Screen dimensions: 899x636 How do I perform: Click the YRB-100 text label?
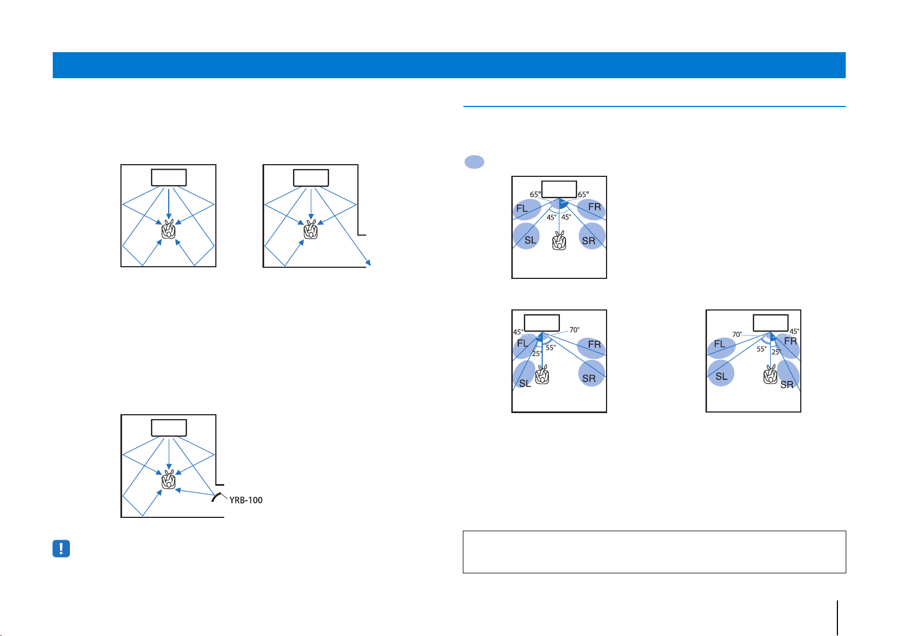point(246,500)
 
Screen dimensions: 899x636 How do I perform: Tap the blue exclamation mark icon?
point(61,548)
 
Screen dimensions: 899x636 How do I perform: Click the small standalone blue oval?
point(474,161)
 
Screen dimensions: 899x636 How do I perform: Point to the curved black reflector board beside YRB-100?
point(216,497)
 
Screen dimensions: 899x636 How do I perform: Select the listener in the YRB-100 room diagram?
point(169,479)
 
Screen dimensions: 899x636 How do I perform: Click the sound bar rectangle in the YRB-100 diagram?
point(169,428)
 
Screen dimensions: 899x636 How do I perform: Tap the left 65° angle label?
point(535,195)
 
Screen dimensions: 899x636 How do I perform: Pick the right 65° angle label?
point(583,195)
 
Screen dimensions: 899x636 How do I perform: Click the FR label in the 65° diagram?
point(594,207)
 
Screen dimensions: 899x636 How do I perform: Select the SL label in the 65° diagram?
point(530,240)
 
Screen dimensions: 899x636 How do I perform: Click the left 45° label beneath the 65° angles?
point(552,217)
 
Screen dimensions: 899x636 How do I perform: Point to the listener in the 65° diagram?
point(559,241)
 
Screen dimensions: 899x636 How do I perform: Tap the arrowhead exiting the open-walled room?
point(368,263)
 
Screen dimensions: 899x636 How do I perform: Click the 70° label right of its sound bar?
point(574,329)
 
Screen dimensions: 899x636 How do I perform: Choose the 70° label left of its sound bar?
point(737,334)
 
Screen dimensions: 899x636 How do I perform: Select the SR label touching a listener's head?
point(787,385)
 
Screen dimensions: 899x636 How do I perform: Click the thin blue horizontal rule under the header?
point(654,106)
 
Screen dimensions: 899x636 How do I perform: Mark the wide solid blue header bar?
point(449,65)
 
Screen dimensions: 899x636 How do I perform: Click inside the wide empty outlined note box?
point(654,552)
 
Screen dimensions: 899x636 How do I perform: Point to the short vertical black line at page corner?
point(837,618)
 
